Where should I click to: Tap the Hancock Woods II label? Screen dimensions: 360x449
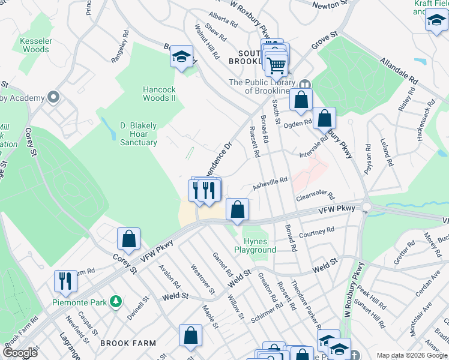(159, 94)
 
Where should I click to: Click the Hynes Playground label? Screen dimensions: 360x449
(259, 245)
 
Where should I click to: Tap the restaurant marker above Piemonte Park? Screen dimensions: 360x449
(65, 281)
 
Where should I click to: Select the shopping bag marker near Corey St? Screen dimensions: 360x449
(128, 239)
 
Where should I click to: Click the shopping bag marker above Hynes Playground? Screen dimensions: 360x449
(238, 210)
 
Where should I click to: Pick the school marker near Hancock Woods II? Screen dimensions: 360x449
(181, 58)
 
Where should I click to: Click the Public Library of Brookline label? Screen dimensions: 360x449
(262, 86)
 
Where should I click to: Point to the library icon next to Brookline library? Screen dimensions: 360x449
(305, 83)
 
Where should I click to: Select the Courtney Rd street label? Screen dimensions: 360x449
(316, 232)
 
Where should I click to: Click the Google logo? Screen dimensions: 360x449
(20, 353)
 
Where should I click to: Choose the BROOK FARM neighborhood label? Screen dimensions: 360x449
(128, 344)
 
